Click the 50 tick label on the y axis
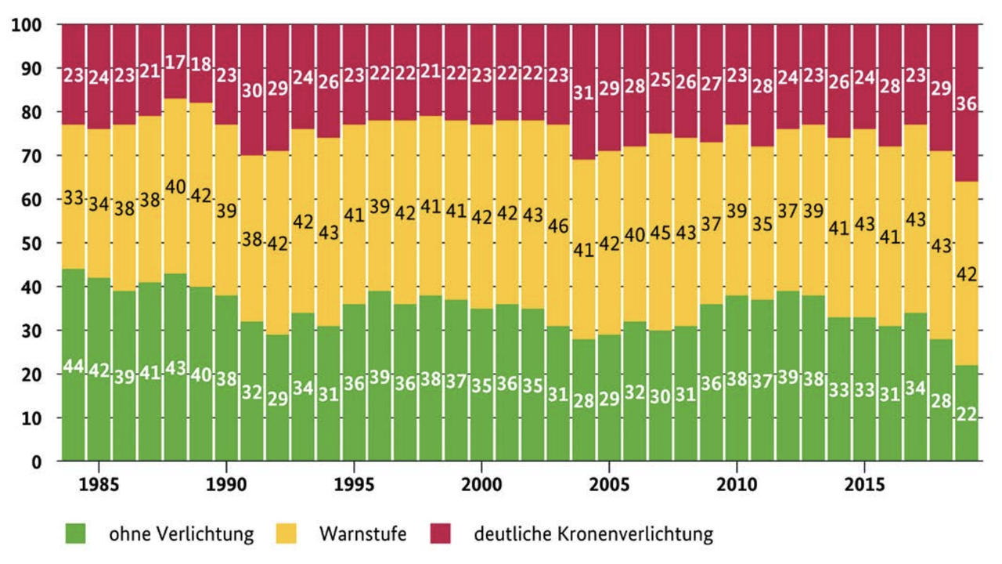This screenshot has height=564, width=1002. coord(32,244)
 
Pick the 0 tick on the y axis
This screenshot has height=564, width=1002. coord(37,462)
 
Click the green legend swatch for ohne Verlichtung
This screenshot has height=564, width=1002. coord(76,534)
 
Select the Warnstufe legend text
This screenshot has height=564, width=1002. coord(362,534)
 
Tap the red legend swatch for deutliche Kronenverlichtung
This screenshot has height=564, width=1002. coord(440,534)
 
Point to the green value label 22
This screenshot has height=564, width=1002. coord(966,414)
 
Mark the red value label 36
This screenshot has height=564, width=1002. coord(966,103)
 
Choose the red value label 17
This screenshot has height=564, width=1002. coord(176,61)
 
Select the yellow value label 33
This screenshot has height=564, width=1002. coord(74,198)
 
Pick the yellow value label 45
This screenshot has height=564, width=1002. coord(661,233)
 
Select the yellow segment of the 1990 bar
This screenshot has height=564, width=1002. coord(227,243)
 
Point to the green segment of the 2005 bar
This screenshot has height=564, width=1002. coord(609,423)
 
